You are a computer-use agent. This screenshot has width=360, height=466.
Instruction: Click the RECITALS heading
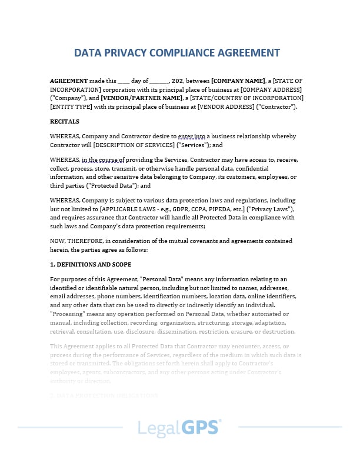[x=65, y=121]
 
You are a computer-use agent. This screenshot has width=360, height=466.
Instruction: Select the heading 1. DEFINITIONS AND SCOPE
[x=91, y=264]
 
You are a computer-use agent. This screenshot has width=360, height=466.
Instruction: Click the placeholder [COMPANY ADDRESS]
[x=272, y=89]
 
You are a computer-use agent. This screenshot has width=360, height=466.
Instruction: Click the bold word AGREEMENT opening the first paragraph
[x=69, y=81]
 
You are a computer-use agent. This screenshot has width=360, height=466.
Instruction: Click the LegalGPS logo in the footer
[x=179, y=428]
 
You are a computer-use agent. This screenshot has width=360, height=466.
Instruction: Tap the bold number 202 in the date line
[x=178, y=81]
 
